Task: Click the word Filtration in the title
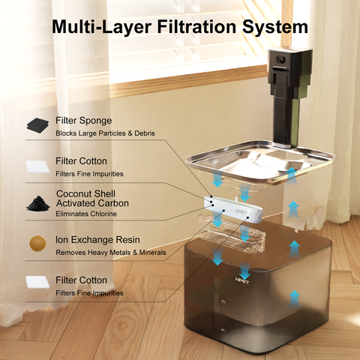coord(196,26)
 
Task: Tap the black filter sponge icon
coord(37,124)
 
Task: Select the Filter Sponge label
coord(84,121)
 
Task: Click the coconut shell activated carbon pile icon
coord(38,204)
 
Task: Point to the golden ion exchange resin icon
coord(37,243)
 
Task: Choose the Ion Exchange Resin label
coord(97,240)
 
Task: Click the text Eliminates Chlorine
coord(86,214)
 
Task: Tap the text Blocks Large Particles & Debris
coord(105,133)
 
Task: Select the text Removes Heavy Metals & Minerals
coord(111,253)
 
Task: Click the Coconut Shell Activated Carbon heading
coord(92,199)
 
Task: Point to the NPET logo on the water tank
coord(242,280)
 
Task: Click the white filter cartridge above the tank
coord(233,209)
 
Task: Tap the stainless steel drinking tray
coord(260,163)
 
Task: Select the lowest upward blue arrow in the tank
coord(295,299)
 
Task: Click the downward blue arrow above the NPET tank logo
coord(244,271)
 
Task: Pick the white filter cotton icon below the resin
coord(37,282)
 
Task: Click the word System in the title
coord(275,27)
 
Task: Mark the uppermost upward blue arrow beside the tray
coord(292,175)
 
